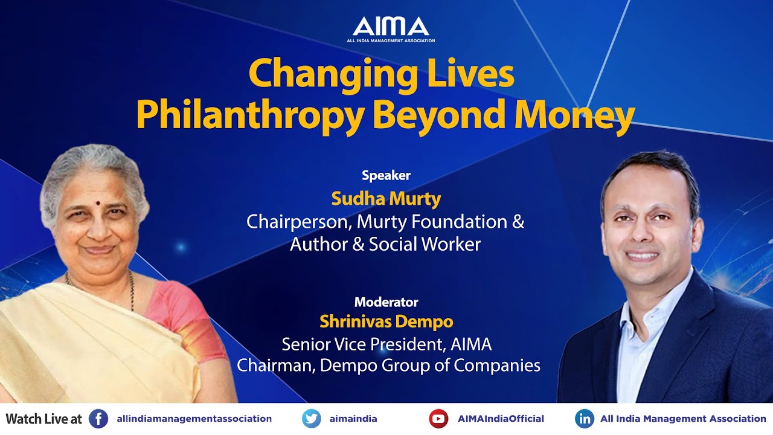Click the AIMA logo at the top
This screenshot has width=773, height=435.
point(391,28)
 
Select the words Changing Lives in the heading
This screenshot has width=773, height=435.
point(381,74)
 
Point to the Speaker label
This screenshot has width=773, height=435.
point(386,176)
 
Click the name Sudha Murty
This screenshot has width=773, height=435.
point(386,198)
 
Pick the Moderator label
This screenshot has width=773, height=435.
point(386,302)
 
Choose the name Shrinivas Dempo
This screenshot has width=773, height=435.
point(386,321)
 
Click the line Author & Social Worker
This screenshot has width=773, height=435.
point(385,244)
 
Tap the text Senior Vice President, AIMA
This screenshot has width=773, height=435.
point(386,344)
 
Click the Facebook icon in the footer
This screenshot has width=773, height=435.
point(98,419)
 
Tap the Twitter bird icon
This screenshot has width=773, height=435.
point(312,419)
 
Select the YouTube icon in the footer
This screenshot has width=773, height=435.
point(438,419)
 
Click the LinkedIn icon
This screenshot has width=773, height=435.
point(584,419)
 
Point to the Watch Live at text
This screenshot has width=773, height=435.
point(43,419)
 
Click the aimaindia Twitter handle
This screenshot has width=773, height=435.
point(352,419)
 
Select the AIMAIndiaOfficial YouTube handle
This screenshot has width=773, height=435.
point(501,419)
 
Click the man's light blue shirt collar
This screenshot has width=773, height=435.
point(649,302)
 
